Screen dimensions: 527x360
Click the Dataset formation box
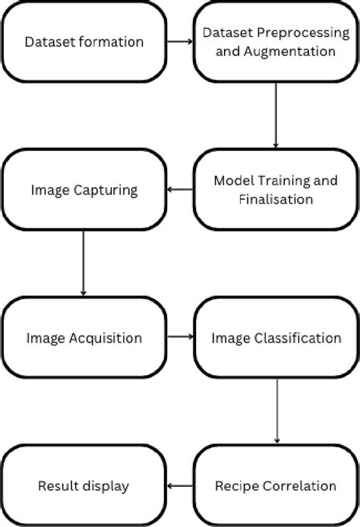coord(84,43)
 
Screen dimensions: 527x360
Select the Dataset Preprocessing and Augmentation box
coord(275,43)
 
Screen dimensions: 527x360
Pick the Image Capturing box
coord(84,190)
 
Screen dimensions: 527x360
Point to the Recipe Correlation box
coord(275,485)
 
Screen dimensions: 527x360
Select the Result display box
coord(84,485)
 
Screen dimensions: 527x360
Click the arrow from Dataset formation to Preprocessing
coord(179,43)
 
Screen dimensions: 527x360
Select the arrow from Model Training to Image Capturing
coord(179,190)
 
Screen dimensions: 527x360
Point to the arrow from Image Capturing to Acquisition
coord(83,262)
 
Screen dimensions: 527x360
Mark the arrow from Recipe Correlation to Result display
coord(179,485)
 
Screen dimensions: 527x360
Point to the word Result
coord(56,485)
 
